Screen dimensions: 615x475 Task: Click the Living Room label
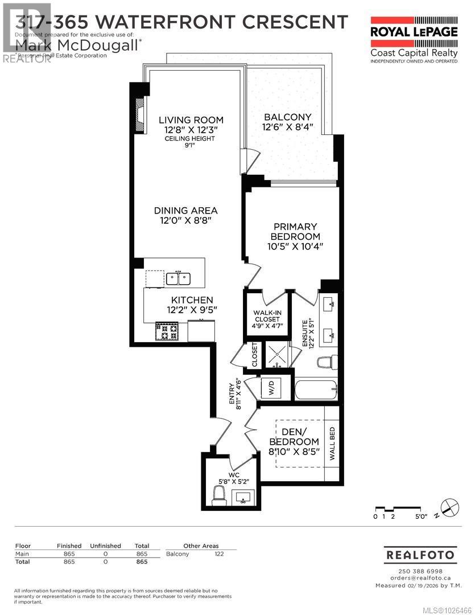(x=191, y=120)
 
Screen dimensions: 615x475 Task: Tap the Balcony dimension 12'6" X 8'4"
(x=287, y=128)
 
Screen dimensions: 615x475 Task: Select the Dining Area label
(x=185, y=210)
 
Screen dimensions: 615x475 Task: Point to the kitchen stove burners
(x=167, y=331)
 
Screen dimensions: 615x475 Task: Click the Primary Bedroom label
(x=294, y=231)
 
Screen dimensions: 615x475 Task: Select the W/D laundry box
(x=271, y=389)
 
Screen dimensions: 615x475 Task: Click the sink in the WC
(x=244, y=497)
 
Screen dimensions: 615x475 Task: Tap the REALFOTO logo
(x=420, y=554)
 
